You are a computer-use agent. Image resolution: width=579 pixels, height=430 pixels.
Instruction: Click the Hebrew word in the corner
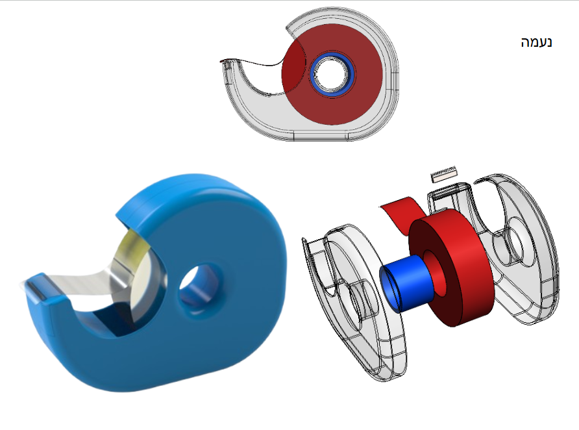pos(536,42)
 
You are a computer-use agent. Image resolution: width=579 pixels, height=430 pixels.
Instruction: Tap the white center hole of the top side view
pos(332,75)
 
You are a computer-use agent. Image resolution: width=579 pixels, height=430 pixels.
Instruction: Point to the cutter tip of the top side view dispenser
pos(223,63)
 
